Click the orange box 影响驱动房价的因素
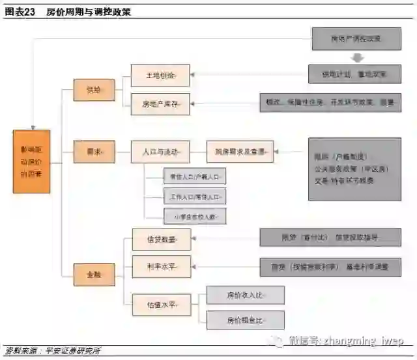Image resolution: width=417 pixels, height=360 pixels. [x=32, y=161]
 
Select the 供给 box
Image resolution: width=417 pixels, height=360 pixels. [x=93, y=89]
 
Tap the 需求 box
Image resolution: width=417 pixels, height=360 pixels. [x=93, y=152]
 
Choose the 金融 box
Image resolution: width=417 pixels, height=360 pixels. [x=93, y=275]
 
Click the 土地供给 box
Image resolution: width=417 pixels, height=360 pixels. [x=160, y=76]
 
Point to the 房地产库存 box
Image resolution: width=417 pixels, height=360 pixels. [x=160, y=103]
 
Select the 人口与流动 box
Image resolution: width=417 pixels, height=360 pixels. [x=160, y=152]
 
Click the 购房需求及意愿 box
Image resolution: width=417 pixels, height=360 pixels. [x=240, y=152]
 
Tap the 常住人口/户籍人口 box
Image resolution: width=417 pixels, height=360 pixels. [x=195, y=176]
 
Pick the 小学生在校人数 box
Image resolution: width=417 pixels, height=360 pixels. [x=195, y=216]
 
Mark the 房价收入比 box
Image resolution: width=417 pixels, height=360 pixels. [x=246, y=296]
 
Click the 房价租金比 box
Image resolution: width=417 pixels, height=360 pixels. [x=246, y=320]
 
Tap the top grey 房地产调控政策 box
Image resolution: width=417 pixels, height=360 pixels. [x=356, y=38]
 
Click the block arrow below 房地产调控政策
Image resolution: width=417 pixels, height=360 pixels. [x=356, y=57]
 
